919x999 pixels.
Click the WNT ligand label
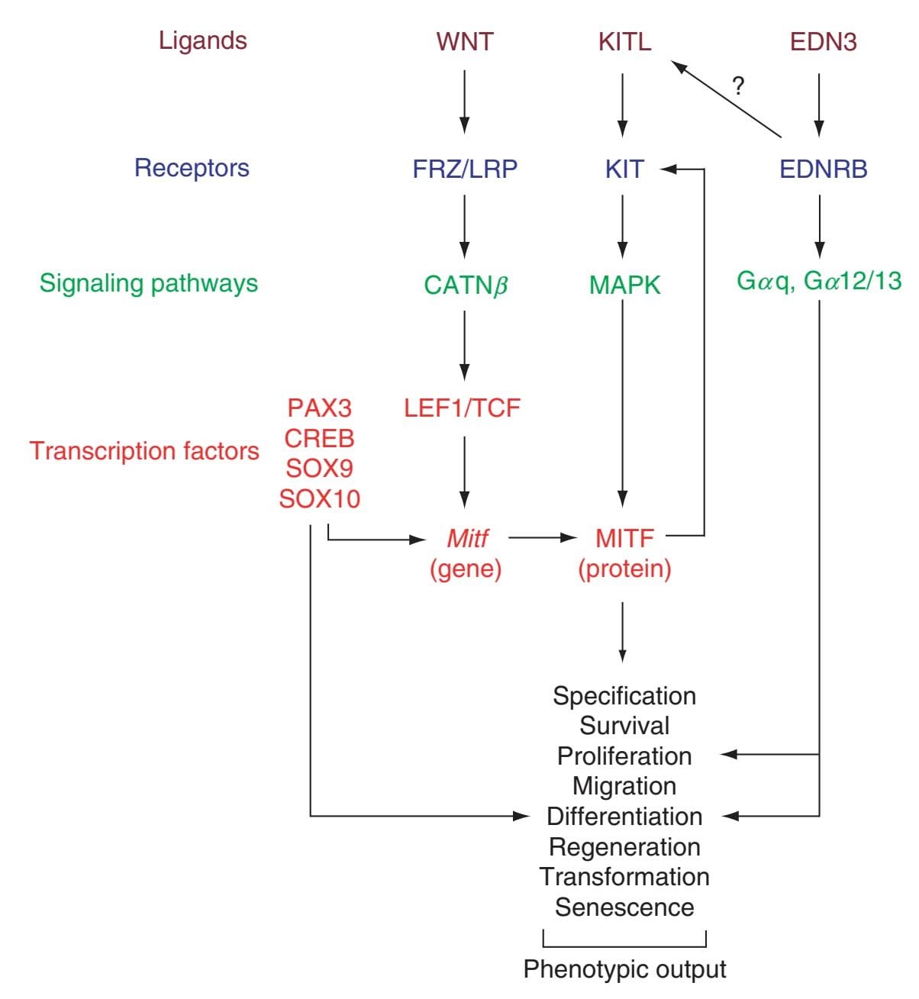465,41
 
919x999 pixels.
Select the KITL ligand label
624,41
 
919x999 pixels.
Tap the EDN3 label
823,41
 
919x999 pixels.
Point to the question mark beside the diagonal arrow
737,85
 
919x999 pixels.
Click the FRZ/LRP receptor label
465,168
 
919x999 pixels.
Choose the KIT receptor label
624,168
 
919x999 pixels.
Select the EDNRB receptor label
824,168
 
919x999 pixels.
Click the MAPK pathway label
624,285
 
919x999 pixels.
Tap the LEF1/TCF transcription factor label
463,408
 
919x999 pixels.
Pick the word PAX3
320,408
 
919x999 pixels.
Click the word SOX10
320,499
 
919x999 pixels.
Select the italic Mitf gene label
466,539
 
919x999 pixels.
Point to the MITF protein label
624,539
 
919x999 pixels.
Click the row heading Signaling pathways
149,283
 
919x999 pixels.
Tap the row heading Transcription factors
145,451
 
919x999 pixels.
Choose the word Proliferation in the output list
624,756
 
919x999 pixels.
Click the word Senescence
624,907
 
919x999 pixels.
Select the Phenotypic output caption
624,969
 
